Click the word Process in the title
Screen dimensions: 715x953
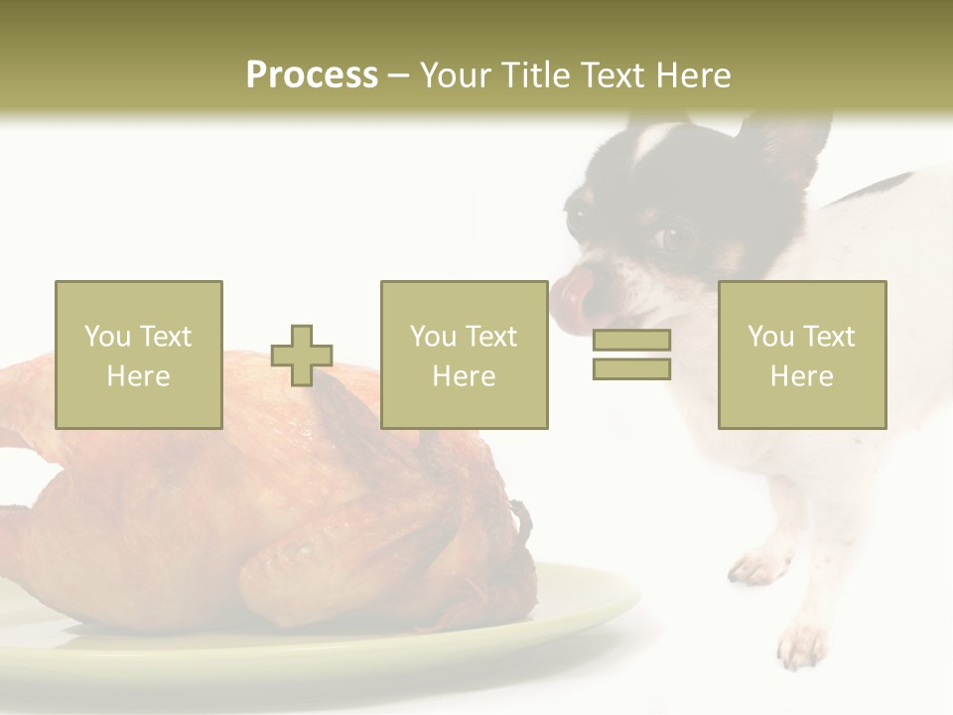312,74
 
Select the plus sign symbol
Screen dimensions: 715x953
302,356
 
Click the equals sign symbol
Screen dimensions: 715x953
631,355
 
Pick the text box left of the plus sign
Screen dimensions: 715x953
139,355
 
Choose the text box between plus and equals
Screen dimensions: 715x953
464,355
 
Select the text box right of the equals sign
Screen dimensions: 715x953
802,355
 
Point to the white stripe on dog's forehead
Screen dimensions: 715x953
655,139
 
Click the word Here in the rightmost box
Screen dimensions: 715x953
802,376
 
